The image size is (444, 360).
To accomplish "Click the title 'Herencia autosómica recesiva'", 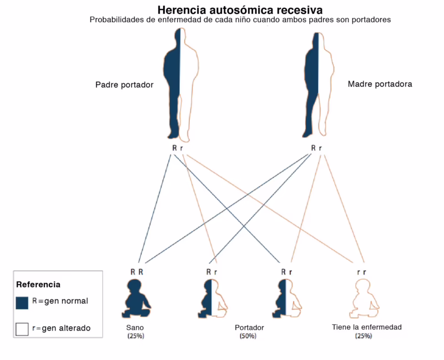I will pos(240,10).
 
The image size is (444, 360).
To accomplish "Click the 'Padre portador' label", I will pos(124,85).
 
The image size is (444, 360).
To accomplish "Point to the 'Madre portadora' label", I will pos(380,84).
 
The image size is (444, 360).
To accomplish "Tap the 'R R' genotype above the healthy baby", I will pos(137,272).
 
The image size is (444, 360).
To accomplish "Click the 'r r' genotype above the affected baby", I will pos(361,272).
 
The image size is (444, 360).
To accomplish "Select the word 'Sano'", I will pos(135,328).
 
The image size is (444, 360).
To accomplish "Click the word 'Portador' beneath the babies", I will pos(249,328).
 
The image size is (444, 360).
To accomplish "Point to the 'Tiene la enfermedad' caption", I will pos(366,327).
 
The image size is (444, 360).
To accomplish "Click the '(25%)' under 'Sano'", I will pos(135,336).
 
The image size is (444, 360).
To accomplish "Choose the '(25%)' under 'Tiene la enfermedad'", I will pos(364,336).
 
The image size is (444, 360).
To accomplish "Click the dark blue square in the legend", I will pos(22,302).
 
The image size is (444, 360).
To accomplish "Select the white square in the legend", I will pos(22,329).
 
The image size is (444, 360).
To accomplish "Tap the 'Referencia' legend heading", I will pos(38,284).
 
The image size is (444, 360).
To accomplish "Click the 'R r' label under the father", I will pos(178,148).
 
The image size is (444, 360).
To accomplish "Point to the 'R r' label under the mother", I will pos(316,148).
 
